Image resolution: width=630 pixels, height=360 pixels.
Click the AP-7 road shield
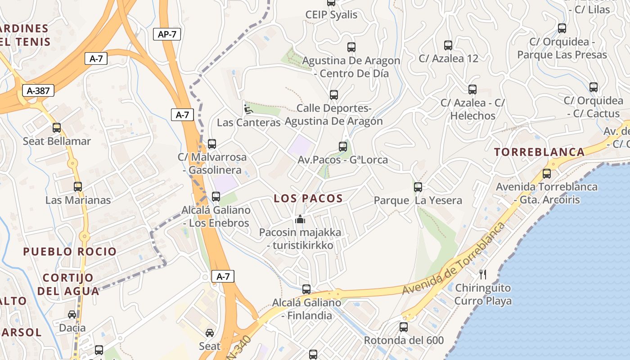167,34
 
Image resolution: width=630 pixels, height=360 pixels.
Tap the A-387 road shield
38,91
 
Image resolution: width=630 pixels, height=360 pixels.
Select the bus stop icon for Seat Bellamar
57,128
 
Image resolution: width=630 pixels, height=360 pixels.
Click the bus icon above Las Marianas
78,187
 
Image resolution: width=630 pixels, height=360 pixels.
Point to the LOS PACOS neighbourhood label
308,198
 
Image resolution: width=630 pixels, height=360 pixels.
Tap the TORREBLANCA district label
540,152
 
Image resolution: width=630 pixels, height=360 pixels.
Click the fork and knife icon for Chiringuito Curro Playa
483,274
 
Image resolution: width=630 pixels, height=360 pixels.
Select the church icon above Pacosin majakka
300,220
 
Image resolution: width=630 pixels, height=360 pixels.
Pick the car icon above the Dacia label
72,315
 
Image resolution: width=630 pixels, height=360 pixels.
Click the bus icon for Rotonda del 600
404,327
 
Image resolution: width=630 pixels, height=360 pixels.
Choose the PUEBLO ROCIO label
70,252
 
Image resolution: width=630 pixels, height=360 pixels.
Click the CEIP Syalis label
331,15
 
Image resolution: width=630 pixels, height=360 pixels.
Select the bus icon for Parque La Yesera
418,187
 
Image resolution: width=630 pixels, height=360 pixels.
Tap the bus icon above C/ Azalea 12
448,45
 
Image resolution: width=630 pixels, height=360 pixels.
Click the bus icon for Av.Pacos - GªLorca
343,147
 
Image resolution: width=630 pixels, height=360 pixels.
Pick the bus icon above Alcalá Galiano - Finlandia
306,289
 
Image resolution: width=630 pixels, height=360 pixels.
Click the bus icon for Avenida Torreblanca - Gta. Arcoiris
547,174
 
